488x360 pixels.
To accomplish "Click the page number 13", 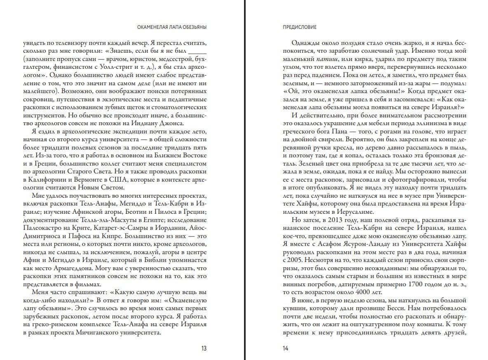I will coord(204,348).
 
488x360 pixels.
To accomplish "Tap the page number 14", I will coord(285,348).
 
